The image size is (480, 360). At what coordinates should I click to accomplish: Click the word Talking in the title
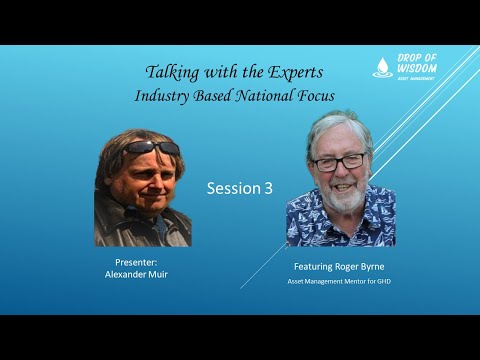(x=171, y=73)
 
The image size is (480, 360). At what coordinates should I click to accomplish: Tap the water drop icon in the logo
(x=383, y=67)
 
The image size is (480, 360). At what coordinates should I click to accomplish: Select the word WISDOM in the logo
(x=418, y=68)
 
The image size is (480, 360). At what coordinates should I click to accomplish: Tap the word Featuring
(x=317, y=268)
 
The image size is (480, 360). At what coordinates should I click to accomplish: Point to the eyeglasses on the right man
(x=339, y=161)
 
